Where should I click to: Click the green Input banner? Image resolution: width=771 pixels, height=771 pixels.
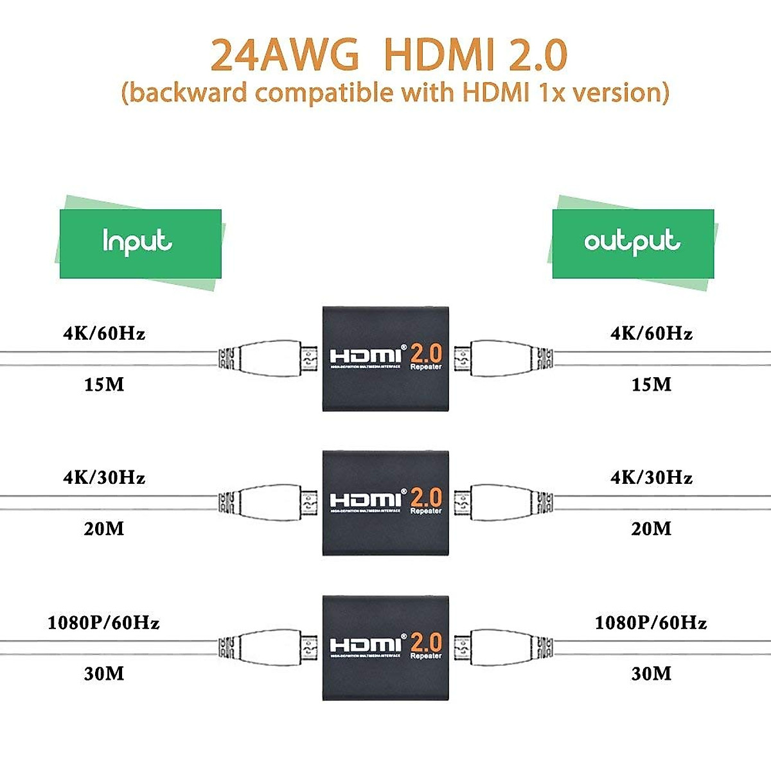point(140,244)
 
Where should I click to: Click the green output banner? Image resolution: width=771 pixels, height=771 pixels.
point(633,244)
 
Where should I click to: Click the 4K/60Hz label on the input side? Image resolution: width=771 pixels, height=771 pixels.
point(104,333)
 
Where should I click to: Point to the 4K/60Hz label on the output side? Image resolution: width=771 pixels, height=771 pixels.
point(651,333)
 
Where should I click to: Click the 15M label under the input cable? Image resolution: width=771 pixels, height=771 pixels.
point(104,385)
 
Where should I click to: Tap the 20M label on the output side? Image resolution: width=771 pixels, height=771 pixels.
point(651,529)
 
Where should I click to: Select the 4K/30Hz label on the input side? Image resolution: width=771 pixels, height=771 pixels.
point(104,477)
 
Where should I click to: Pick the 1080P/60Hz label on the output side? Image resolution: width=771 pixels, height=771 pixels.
point(651,623)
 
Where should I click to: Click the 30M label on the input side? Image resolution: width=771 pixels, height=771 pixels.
point(104,673)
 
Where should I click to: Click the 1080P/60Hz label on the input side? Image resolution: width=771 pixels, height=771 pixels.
point(104,623)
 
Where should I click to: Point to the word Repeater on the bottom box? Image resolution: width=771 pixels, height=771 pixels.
point(426,656)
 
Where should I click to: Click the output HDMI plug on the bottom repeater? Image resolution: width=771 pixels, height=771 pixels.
point(501,646)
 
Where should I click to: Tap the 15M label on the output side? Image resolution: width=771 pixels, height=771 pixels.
point(651,385)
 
